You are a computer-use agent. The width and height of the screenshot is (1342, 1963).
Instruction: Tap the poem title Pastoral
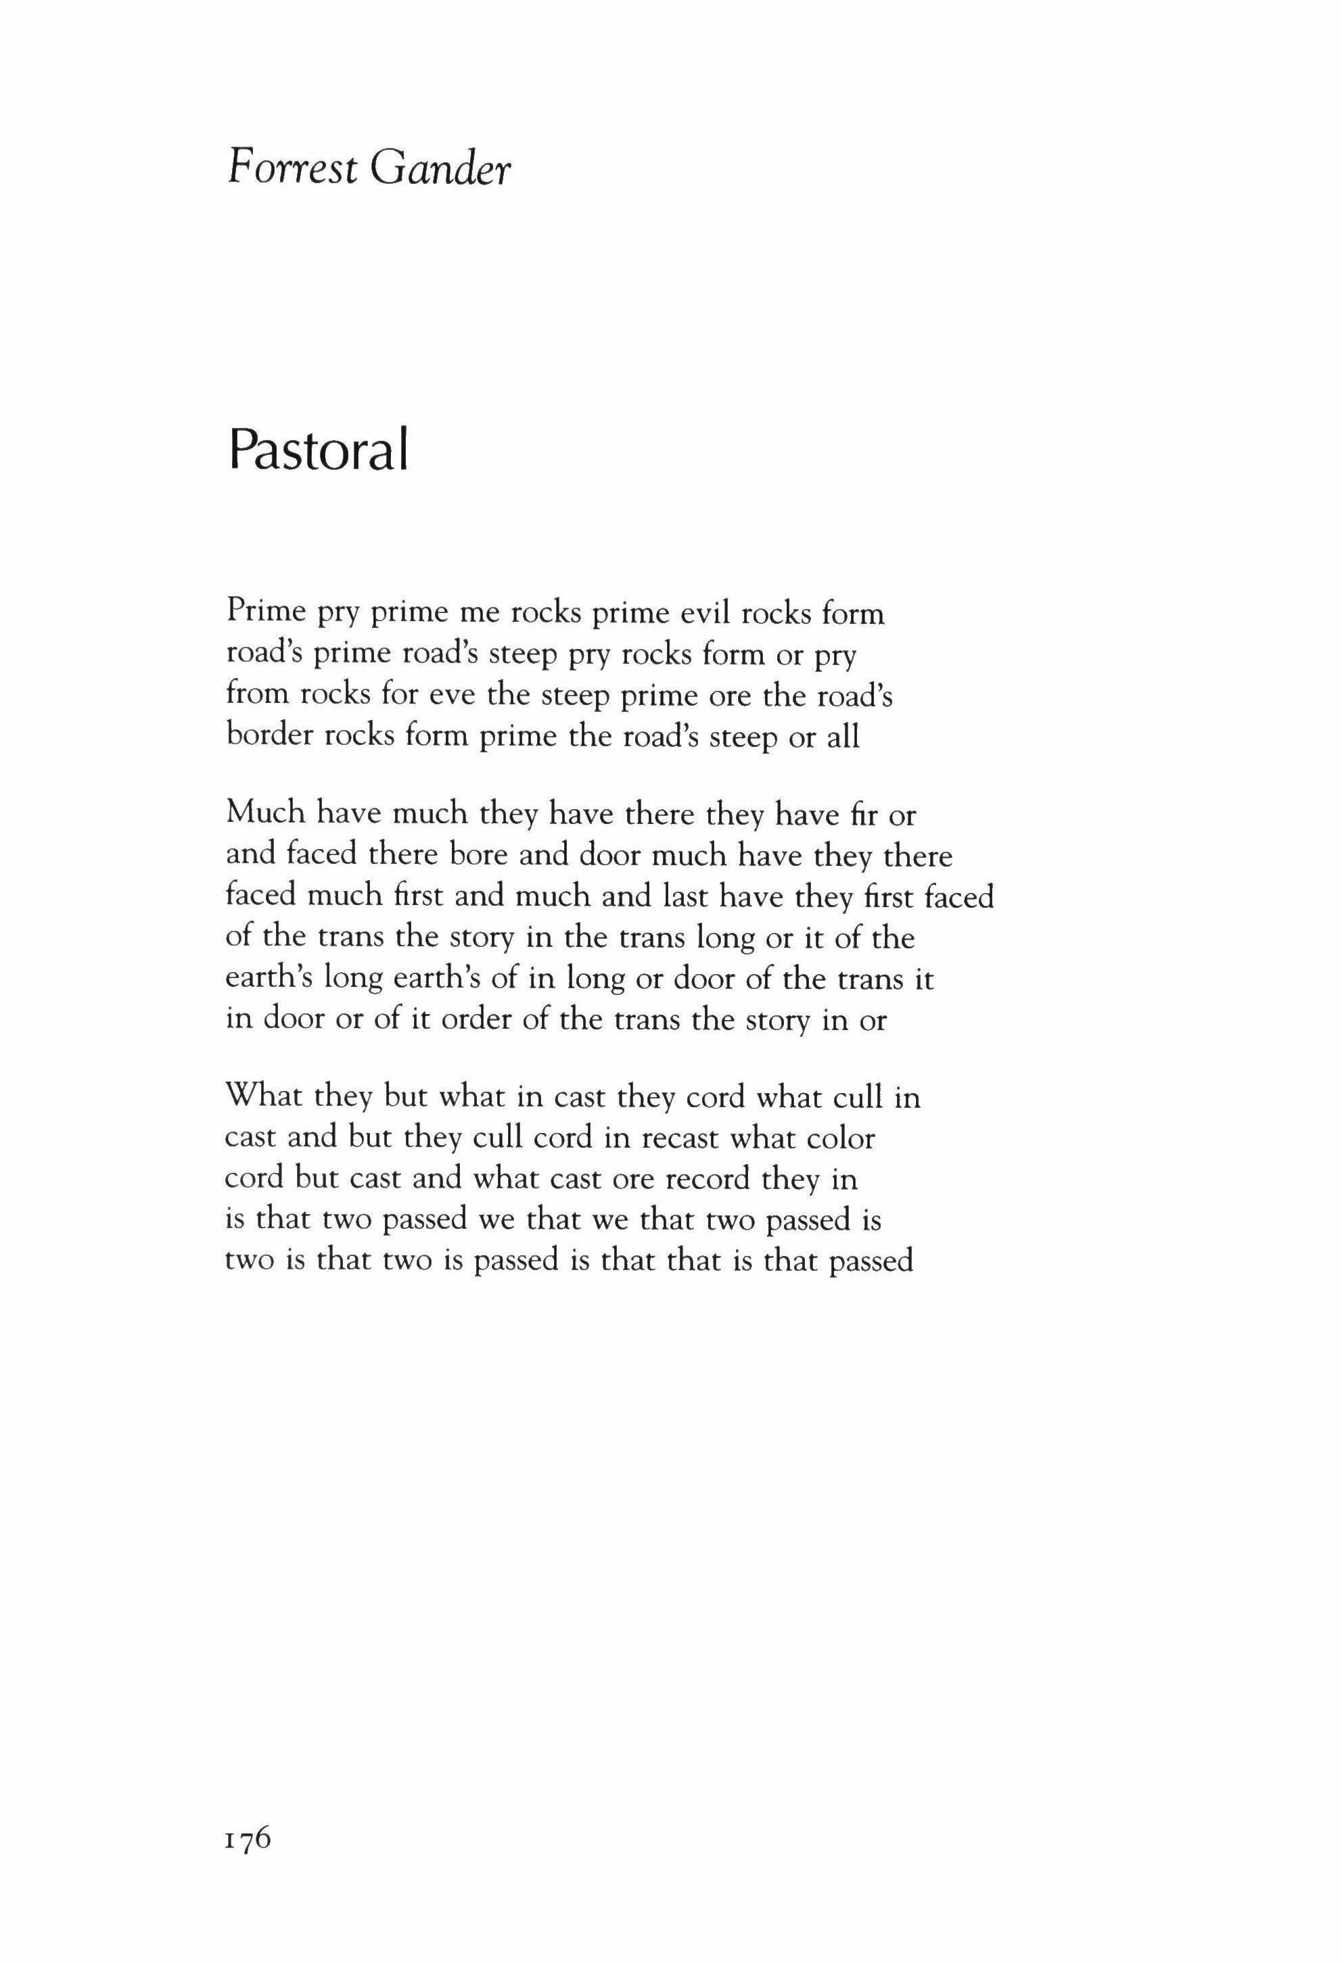pos(319,452)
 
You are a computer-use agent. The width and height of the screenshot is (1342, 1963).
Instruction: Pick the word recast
pos(678,1138)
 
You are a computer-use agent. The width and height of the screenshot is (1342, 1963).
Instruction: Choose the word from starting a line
pos(258,696)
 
